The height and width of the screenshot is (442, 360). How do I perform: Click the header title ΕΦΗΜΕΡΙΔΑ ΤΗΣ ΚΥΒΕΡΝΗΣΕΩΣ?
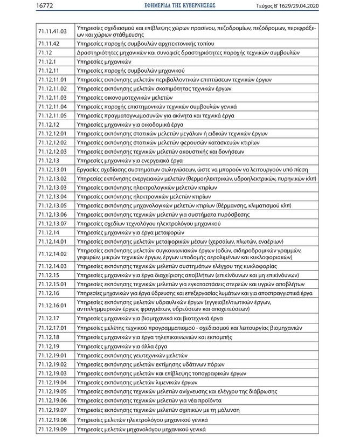[179, 6]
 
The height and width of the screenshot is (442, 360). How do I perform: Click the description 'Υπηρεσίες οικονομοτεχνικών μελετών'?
[124, 97]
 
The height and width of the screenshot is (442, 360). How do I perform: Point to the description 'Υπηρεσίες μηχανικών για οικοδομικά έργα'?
[130, 125]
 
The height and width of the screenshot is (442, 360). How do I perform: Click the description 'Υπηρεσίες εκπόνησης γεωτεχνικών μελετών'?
[132, 355]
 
